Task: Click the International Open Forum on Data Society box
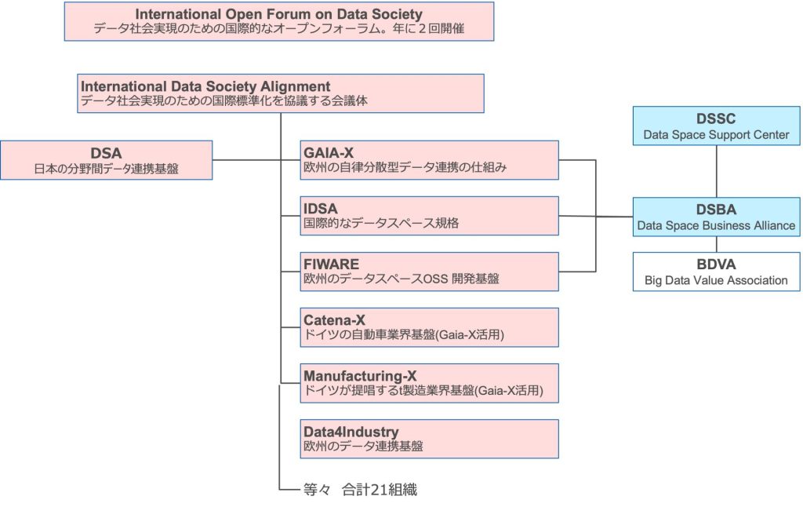tap(278, 21)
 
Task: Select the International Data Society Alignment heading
tap(206, 86)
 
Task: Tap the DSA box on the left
tap(106, 160)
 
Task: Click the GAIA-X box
tap(430, 160)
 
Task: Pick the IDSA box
tap(430, 216)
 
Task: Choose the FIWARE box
tap(430, 272)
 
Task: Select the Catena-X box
tap(430, 327)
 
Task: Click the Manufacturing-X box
tap(430, 383)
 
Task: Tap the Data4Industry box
tap(430, 439)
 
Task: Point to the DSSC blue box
tap(716, 126)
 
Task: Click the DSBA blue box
tap(716, 217)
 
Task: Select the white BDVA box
tap(716, 272)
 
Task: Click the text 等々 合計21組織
tap(360, 490)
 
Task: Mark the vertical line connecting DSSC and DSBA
tap(716, 171)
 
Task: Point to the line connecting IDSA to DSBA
tap(596, 217)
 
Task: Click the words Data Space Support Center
tap(716, 135)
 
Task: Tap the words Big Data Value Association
tap(716, 280)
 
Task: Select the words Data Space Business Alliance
tap(716, 226)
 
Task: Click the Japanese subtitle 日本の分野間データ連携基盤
tap(106, 168)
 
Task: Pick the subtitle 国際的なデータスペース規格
tap(381, 223)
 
